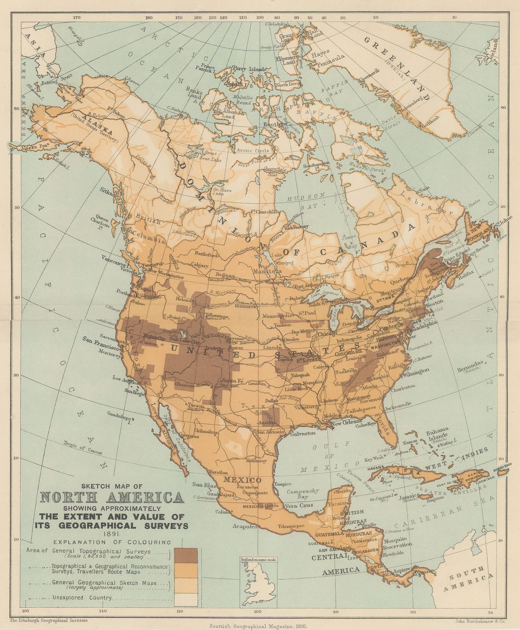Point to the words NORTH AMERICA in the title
[x=112, y=497]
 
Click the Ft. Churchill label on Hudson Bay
[x=265, y=212]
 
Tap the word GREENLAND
[x=398, y=69]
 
